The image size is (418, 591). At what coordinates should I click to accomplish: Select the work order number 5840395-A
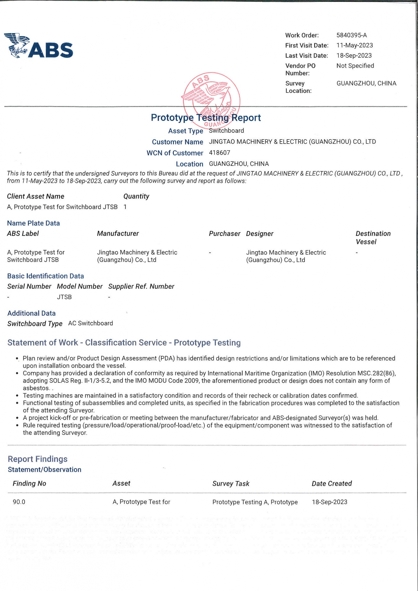(x=351, y=35)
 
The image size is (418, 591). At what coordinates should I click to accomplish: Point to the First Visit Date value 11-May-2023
(x=354, y=45)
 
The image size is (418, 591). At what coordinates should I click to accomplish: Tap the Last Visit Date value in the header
(x=354, y=56)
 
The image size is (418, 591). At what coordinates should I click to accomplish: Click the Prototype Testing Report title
(x=206, y=118)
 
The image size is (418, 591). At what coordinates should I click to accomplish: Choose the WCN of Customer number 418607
(x=219, y=153)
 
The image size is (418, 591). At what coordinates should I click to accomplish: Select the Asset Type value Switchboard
(x=226, y=131)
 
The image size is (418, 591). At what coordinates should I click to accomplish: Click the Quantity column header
(x=136, y=197)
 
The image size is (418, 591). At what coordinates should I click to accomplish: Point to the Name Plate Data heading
(x=33, y=223)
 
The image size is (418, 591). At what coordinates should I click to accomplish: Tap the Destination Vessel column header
(x=373, y=238)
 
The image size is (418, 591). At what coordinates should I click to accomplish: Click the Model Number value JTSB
(x=64, y=297)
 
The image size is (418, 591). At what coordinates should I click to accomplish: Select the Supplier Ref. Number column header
(x=141, y=286)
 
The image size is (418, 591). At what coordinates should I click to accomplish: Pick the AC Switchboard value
(x=90, y=323)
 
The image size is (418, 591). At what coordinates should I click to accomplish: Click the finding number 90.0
(x=19, y=502)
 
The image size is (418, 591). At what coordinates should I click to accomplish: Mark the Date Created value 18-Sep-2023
(x=329, y=502)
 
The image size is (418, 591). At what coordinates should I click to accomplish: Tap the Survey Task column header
(x=231, y=483)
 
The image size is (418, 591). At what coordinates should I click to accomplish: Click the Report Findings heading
(x=38, y=459)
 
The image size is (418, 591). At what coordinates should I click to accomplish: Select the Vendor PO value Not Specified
(x=355, y=66)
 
